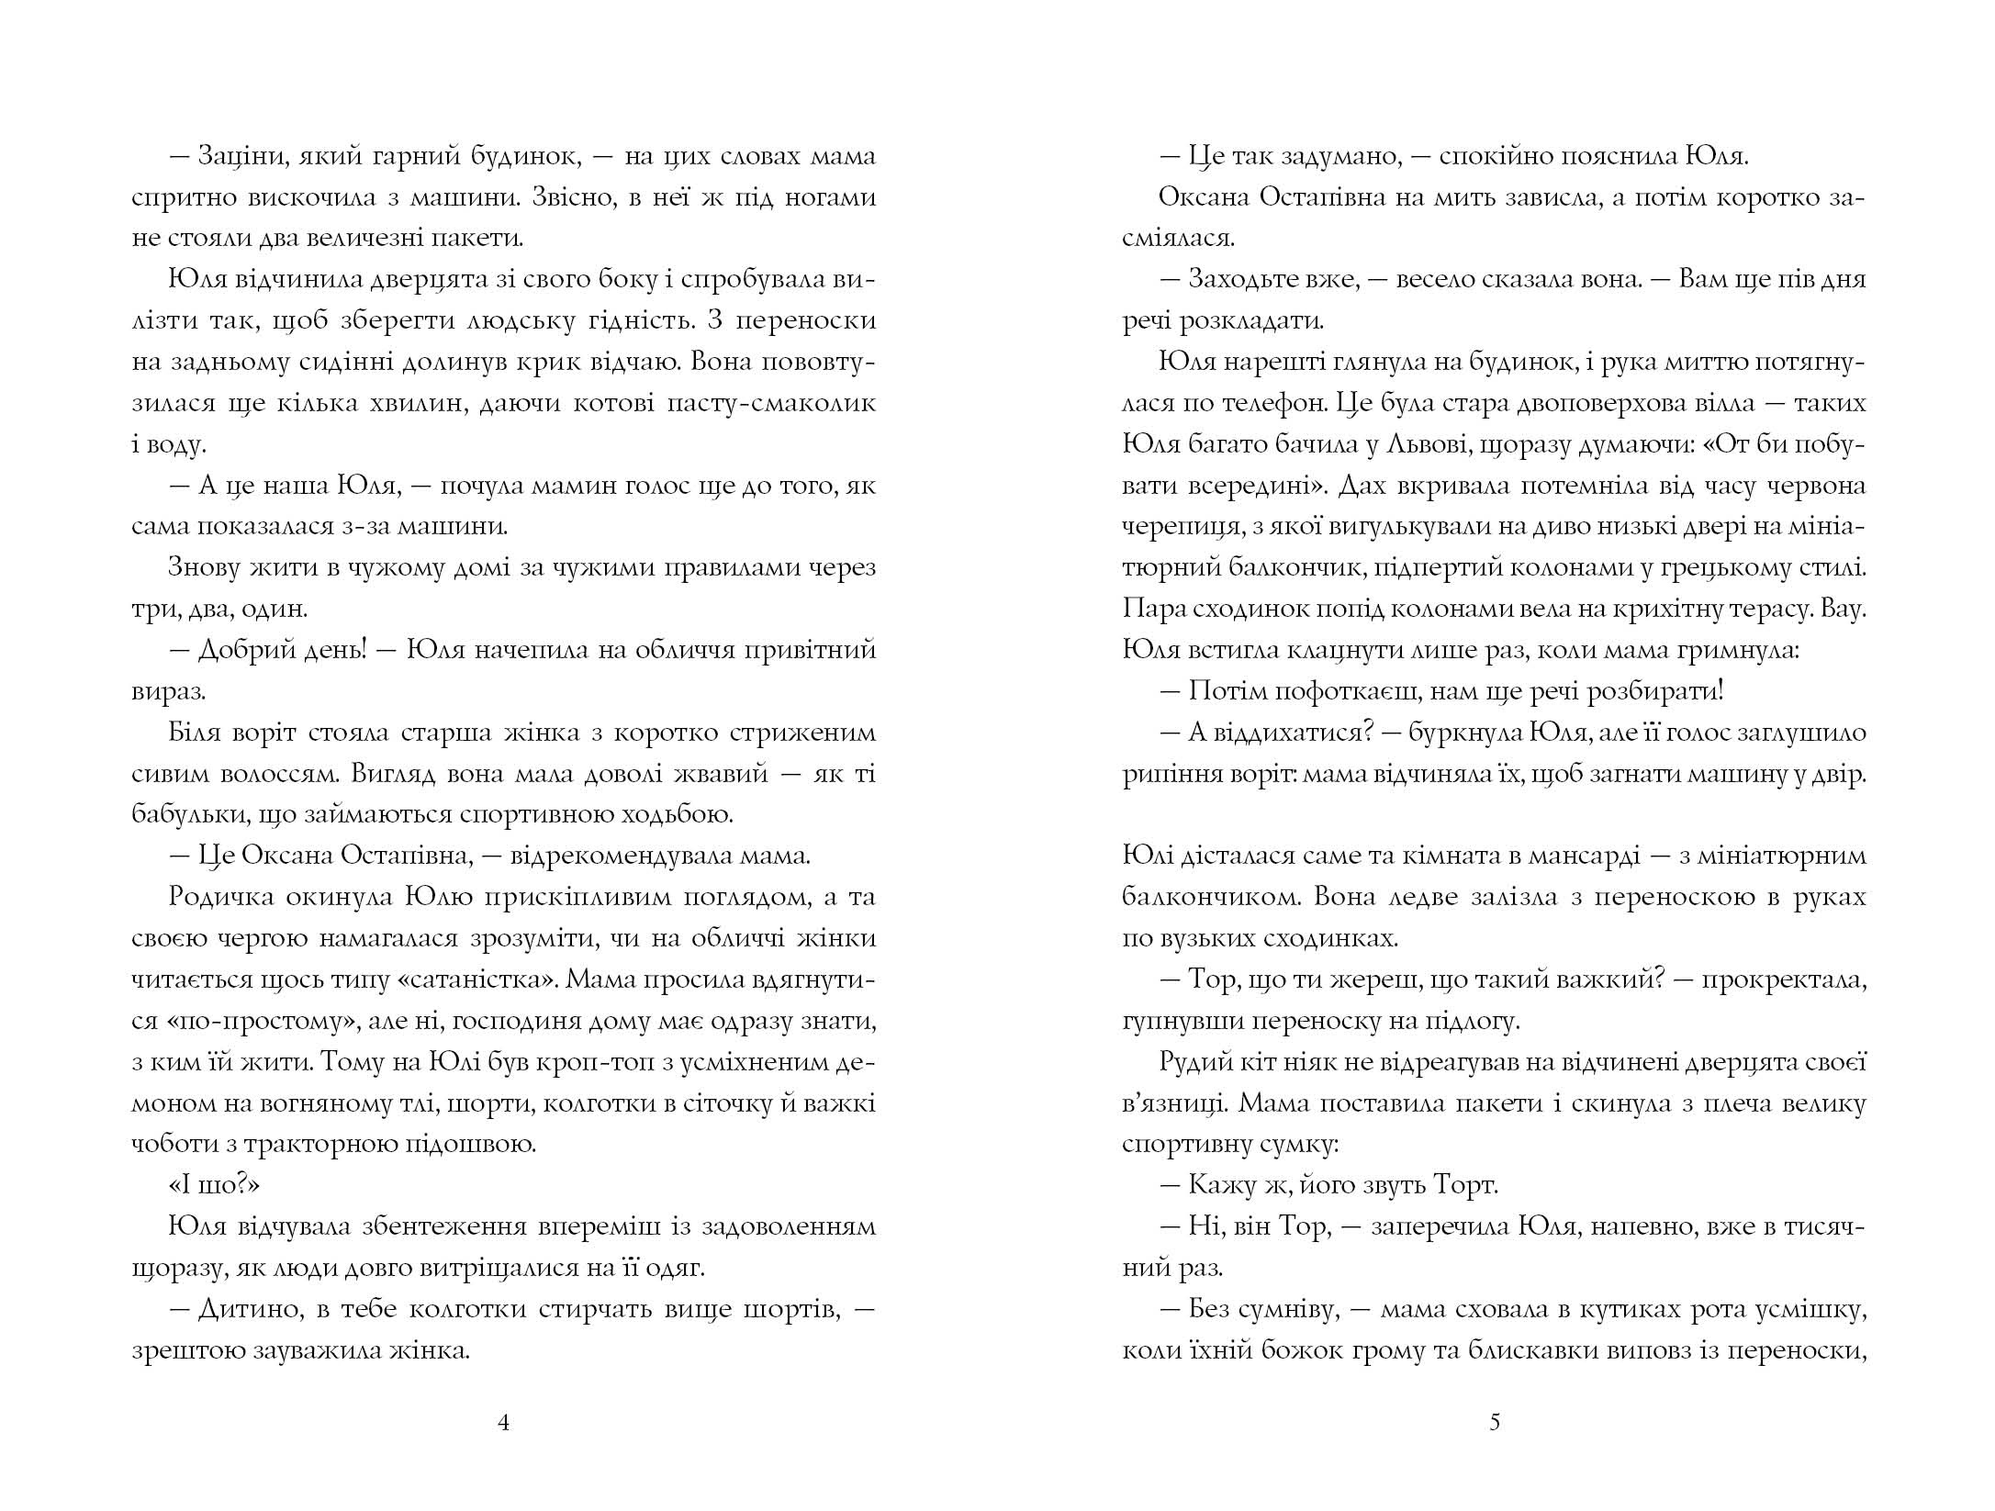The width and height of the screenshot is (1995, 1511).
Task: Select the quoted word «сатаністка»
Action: (478, 979)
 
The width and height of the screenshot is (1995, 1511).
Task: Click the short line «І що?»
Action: (215, 1185)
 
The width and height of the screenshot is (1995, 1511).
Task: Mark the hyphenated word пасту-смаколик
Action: (768, 404)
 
